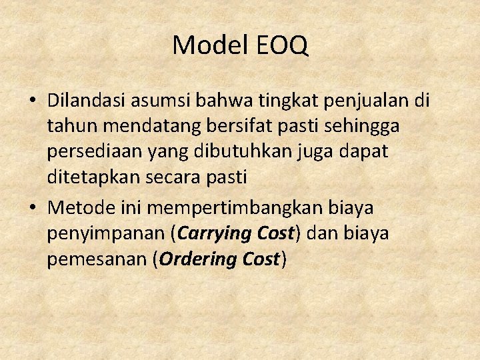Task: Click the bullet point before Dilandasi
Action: point(32,101)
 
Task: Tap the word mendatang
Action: point(137,126)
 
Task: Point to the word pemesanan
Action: point(96,259)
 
